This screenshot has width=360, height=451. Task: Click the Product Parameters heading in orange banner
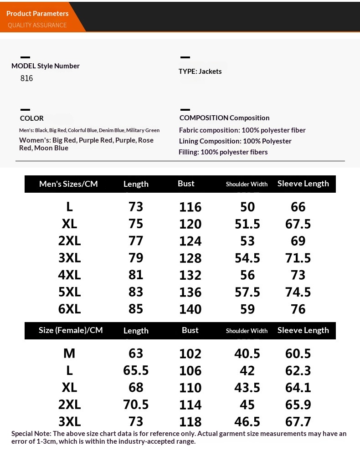point(37,14)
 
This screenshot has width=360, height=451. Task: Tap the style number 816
point(27,78)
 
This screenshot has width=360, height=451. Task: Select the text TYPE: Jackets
point(200,71)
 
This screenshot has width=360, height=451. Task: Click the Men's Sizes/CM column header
point(68,184)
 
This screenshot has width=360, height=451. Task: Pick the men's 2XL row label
point(69,241)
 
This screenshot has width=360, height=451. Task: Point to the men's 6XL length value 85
point(136,309)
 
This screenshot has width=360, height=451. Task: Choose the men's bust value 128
point(190,258)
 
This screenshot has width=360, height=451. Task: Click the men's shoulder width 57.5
point(247,292)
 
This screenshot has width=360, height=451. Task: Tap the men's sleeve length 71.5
point(298,258)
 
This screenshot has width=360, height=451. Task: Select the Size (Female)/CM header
point(71,330)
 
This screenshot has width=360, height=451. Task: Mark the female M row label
point(69,354)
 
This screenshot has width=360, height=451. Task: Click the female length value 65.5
point(136,370)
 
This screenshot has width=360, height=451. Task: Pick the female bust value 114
point(190,405)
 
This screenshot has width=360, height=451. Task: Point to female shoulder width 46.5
point(247,421)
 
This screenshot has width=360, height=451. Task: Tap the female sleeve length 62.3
point(298,370)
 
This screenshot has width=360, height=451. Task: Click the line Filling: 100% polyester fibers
point(223,152)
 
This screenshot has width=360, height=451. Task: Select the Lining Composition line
point(235,141)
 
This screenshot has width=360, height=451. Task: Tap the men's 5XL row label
point(69,292)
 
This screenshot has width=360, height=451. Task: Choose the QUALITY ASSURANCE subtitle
point(37,25)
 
